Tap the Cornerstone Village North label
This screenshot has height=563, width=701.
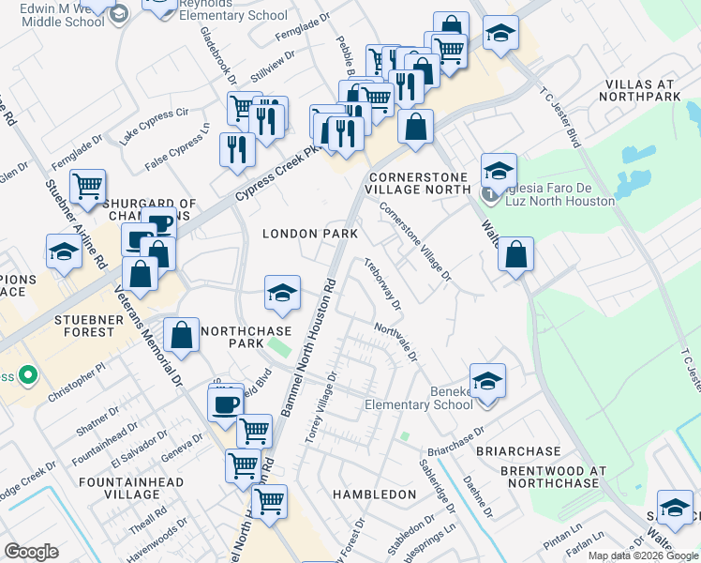click(418, 182)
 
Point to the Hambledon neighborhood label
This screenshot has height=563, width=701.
click(374, 494)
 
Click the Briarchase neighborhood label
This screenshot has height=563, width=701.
click(517, 450)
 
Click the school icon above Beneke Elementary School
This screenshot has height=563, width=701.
click(487, 381)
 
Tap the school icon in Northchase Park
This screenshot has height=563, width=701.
click(281, 293)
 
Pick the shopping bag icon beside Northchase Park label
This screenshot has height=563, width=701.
click(182, 334)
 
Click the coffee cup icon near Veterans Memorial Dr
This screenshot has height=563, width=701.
click(225, 404)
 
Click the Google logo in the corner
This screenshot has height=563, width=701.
click(31, 552)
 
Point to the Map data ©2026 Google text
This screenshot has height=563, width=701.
click(643, 555)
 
